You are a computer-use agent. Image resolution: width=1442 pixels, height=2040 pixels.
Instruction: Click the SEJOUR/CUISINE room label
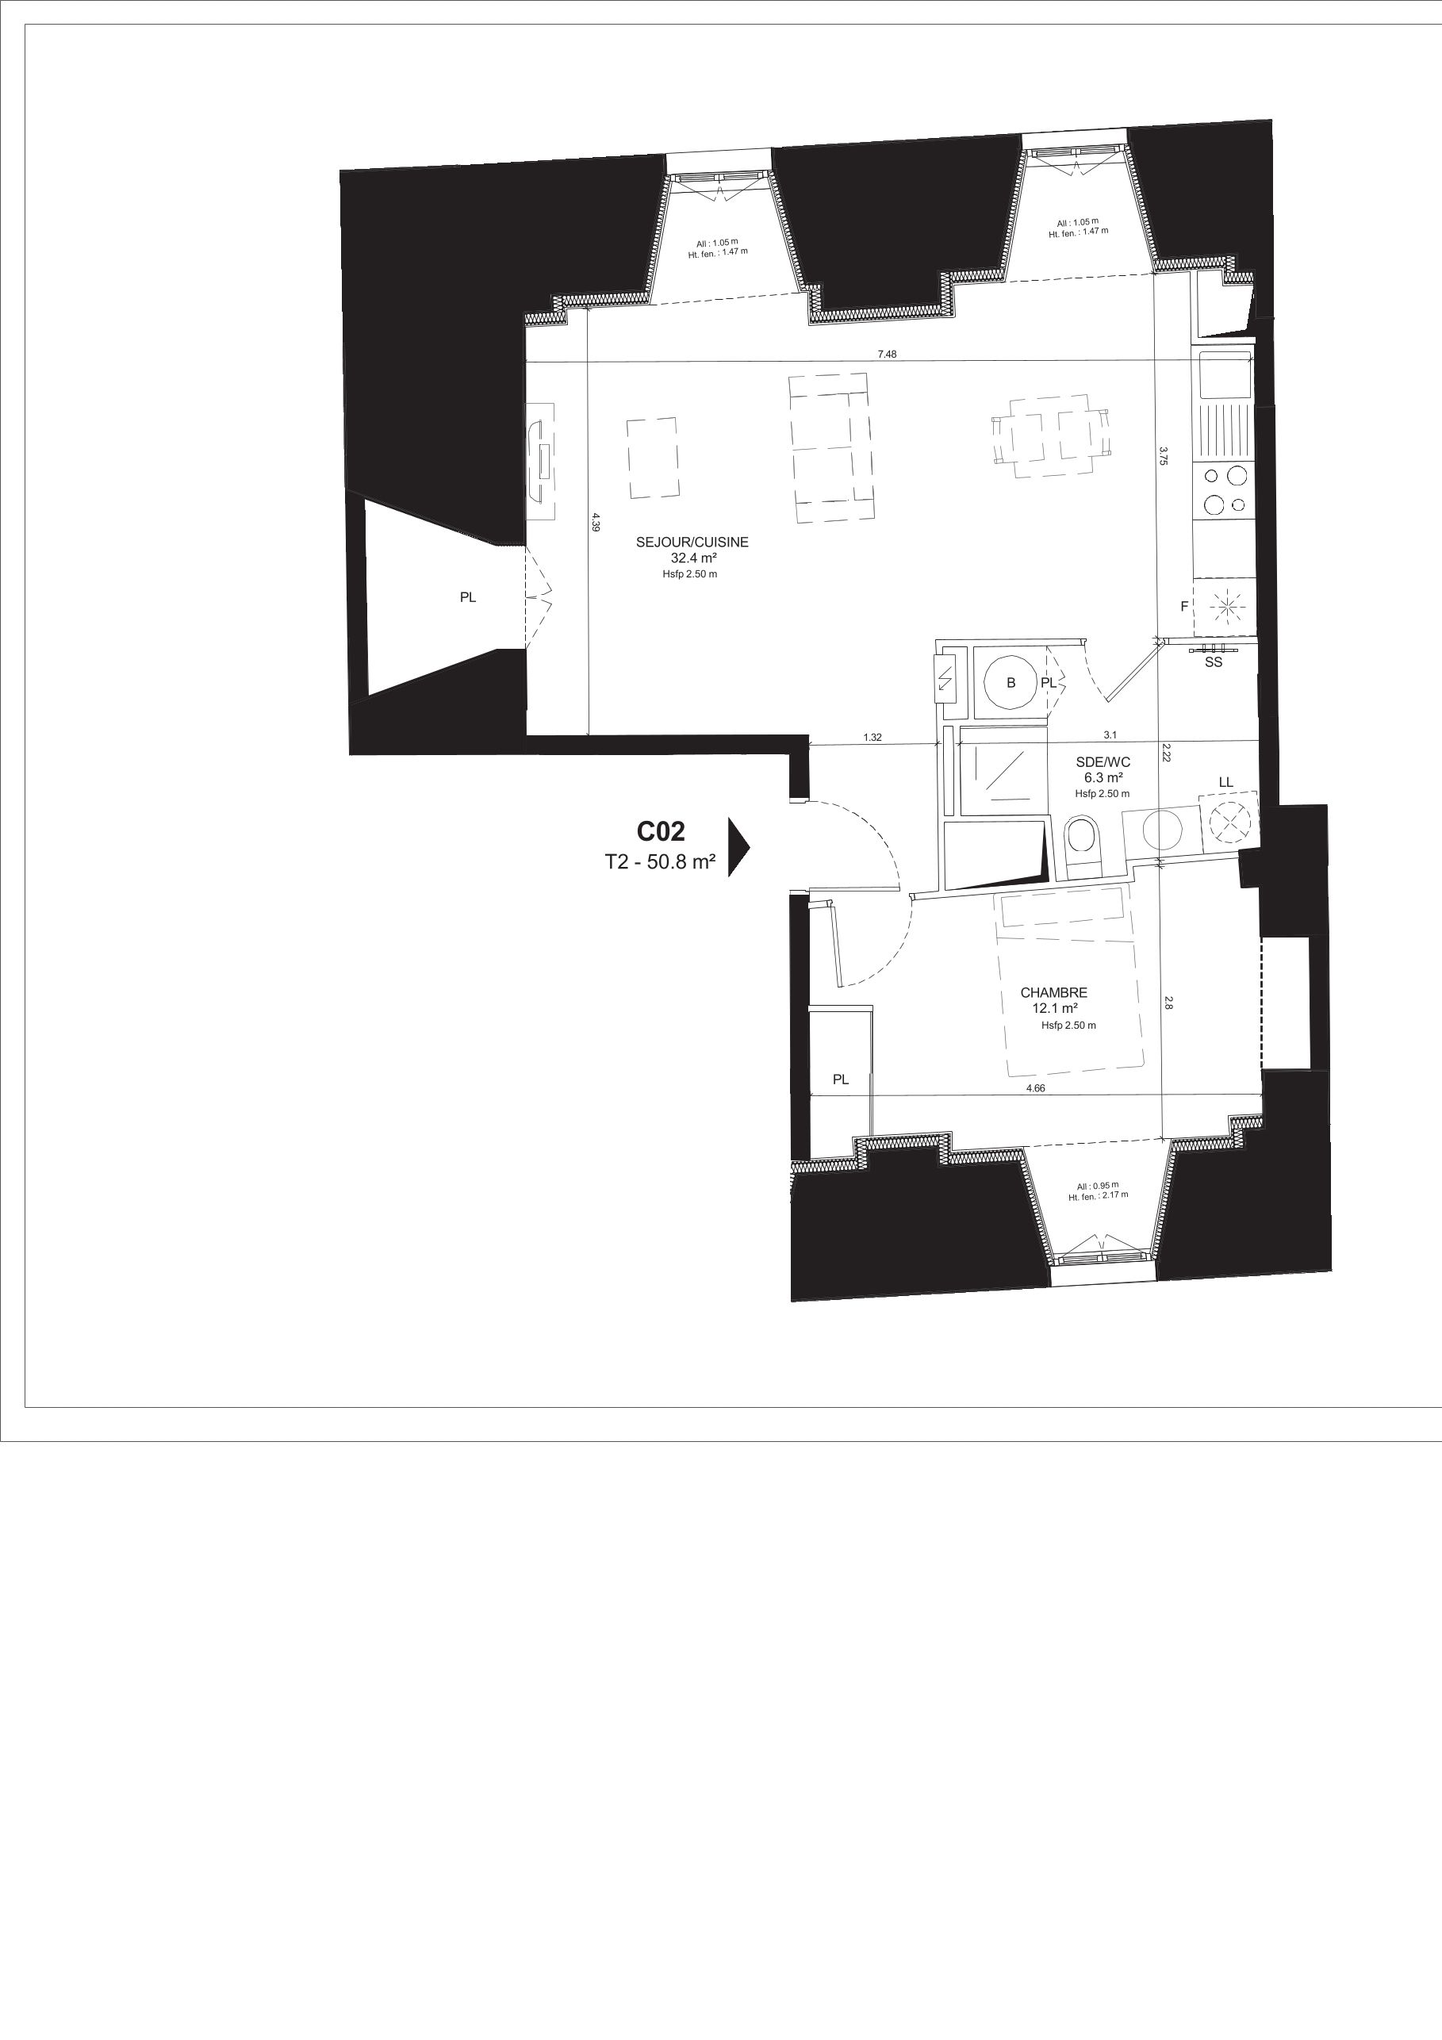click(692, 542)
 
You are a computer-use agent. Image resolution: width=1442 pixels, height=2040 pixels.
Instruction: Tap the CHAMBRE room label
click(1053, 992)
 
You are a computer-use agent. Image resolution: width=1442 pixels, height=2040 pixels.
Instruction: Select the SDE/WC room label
click(1103, 761)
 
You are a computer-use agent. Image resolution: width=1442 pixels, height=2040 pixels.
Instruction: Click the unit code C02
click(661, 832)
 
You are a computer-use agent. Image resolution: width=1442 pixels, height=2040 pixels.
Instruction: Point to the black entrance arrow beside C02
click(738, 847)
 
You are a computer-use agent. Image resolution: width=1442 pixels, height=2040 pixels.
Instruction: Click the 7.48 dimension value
click(887, 354)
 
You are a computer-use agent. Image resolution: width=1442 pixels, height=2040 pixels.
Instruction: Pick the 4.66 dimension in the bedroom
click(1035, 1087)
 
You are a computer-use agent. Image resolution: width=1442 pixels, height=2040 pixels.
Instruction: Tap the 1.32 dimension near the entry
click(872, 737)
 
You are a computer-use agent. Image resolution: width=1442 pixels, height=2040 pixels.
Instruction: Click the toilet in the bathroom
click(1082, 844)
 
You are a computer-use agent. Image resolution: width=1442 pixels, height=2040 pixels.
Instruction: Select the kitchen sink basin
click(1225, 375)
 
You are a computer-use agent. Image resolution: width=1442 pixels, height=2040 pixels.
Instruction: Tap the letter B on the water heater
click(1011, 682)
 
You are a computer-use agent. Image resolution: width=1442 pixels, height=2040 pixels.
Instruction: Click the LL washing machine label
click(1226, 782)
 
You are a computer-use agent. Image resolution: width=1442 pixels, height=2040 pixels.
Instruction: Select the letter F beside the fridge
click(1183, 607)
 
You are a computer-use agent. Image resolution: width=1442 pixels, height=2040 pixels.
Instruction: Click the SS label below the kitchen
click(1214, 662)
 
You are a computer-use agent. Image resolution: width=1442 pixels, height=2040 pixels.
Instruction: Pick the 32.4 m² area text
click(694, 558)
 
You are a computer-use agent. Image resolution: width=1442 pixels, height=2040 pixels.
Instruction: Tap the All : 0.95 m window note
click(1099, 1185)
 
